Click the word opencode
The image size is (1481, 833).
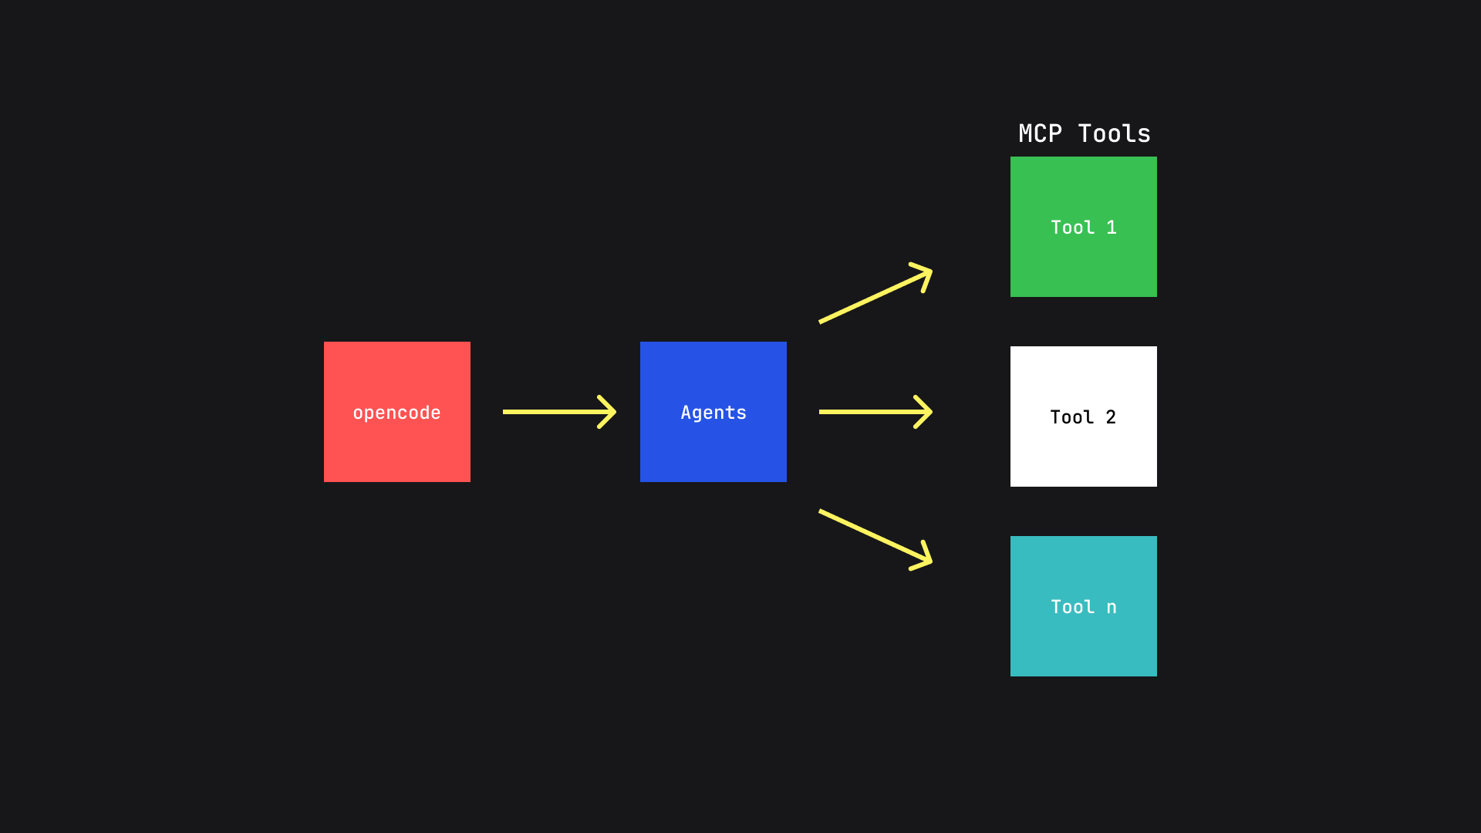[x=396, y=413]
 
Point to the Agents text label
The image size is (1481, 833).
[x=714, y=413]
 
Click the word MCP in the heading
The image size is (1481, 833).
[x=1040, y=133]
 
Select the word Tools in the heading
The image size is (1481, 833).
[x=1114, y=133]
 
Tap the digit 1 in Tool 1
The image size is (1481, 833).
[x=1112, y=228]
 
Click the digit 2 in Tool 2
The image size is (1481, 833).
[x=1111, y=417]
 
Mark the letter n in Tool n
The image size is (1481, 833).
[x=1112, y=608]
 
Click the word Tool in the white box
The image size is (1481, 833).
[x=1072, y=417]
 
